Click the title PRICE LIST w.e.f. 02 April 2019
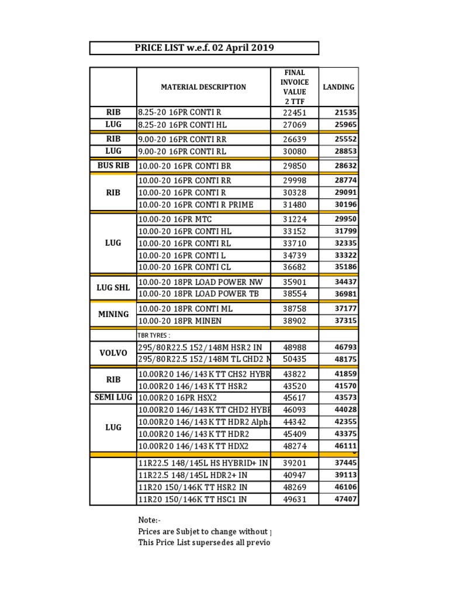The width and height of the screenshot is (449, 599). point(204,48)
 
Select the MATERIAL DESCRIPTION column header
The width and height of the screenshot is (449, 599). point(203,87)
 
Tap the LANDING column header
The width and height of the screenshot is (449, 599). point(339,87)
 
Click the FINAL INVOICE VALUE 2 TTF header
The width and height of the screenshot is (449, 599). point(295,87)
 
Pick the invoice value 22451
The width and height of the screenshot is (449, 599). point(295,112)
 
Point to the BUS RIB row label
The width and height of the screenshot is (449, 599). point(113,166)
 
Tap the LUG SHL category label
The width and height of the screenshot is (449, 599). point(113,288)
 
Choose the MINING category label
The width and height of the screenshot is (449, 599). point(113,314)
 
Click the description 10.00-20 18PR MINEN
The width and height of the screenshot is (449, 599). point(179,321)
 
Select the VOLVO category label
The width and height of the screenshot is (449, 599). point(113,353)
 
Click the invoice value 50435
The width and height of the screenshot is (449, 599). point(295,359)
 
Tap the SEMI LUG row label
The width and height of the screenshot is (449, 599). point(113,398)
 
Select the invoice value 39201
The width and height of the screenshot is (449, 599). point(295,463)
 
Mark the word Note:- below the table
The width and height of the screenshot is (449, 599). point(149,520)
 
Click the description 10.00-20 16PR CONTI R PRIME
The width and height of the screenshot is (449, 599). point(195,205)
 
